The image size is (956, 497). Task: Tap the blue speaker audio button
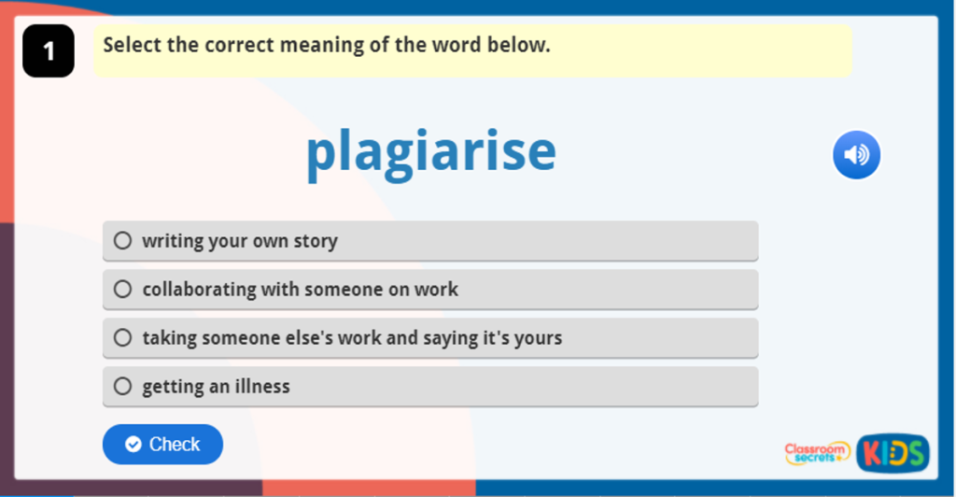click(856, 155)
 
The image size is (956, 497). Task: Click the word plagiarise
click(430, 152)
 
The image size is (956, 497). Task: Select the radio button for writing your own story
click(122, 241)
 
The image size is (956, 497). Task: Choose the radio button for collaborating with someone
click(122, 290)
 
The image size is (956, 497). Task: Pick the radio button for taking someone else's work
click(122, 338)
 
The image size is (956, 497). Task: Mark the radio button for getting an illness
click(122, 387)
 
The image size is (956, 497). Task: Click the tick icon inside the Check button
click(134, 445)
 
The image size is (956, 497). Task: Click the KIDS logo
click(893, 453)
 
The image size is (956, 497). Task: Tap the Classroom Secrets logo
click(817, 453)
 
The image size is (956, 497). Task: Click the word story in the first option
click(315, 241)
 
